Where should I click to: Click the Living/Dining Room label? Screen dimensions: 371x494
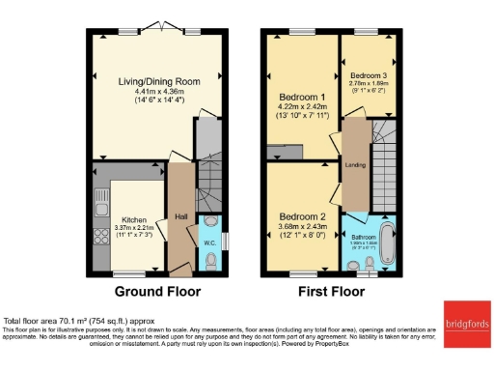[160, 82]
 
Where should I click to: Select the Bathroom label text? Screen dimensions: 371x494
[364, 237]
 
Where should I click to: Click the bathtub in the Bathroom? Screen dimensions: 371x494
[389, 242]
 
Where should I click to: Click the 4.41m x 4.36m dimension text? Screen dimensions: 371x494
[160, 92]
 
